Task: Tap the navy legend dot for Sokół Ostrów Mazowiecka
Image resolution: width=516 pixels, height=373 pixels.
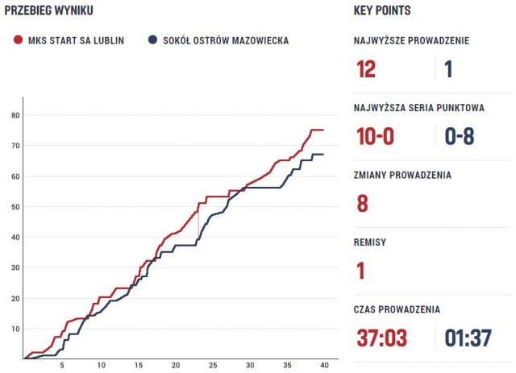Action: (152, 40)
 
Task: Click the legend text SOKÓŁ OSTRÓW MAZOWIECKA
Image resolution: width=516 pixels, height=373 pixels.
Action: (225, 40)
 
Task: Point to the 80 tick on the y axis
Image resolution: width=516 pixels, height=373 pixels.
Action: (15, 115)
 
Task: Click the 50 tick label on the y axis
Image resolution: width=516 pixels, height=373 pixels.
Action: (15, 207)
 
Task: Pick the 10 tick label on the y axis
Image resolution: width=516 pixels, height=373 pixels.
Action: (15, 329)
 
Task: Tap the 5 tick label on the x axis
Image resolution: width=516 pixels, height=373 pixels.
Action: (63, 365)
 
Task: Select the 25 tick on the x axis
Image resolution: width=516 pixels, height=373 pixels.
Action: (213, 365)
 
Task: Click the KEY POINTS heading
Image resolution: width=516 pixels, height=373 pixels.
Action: (382, 10)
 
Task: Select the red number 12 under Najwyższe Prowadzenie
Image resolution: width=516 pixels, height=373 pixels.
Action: (366, 69)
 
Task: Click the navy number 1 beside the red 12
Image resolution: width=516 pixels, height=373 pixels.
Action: (448, 69)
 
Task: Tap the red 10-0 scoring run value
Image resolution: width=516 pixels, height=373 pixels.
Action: (375, 136)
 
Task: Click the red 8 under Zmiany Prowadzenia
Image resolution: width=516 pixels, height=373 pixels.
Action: (362, 203)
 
